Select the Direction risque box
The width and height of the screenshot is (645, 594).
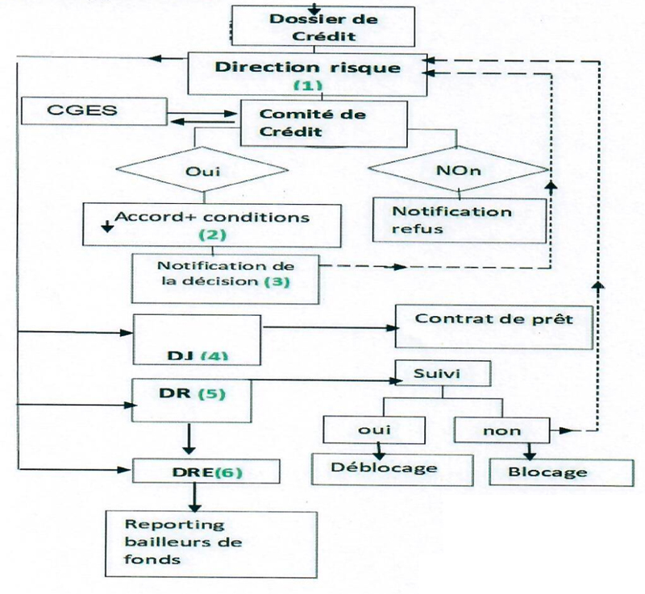[306, 73]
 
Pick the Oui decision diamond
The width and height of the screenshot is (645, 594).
[202, 172]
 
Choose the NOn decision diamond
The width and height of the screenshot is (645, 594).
[459, 172]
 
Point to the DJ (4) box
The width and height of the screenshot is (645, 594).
[198, 339]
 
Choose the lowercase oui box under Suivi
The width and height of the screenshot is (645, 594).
[372, 430]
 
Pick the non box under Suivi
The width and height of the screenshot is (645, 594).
[501, 430]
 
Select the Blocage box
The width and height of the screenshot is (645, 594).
[548, 471]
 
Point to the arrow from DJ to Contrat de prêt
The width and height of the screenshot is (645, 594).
[331, 327]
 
